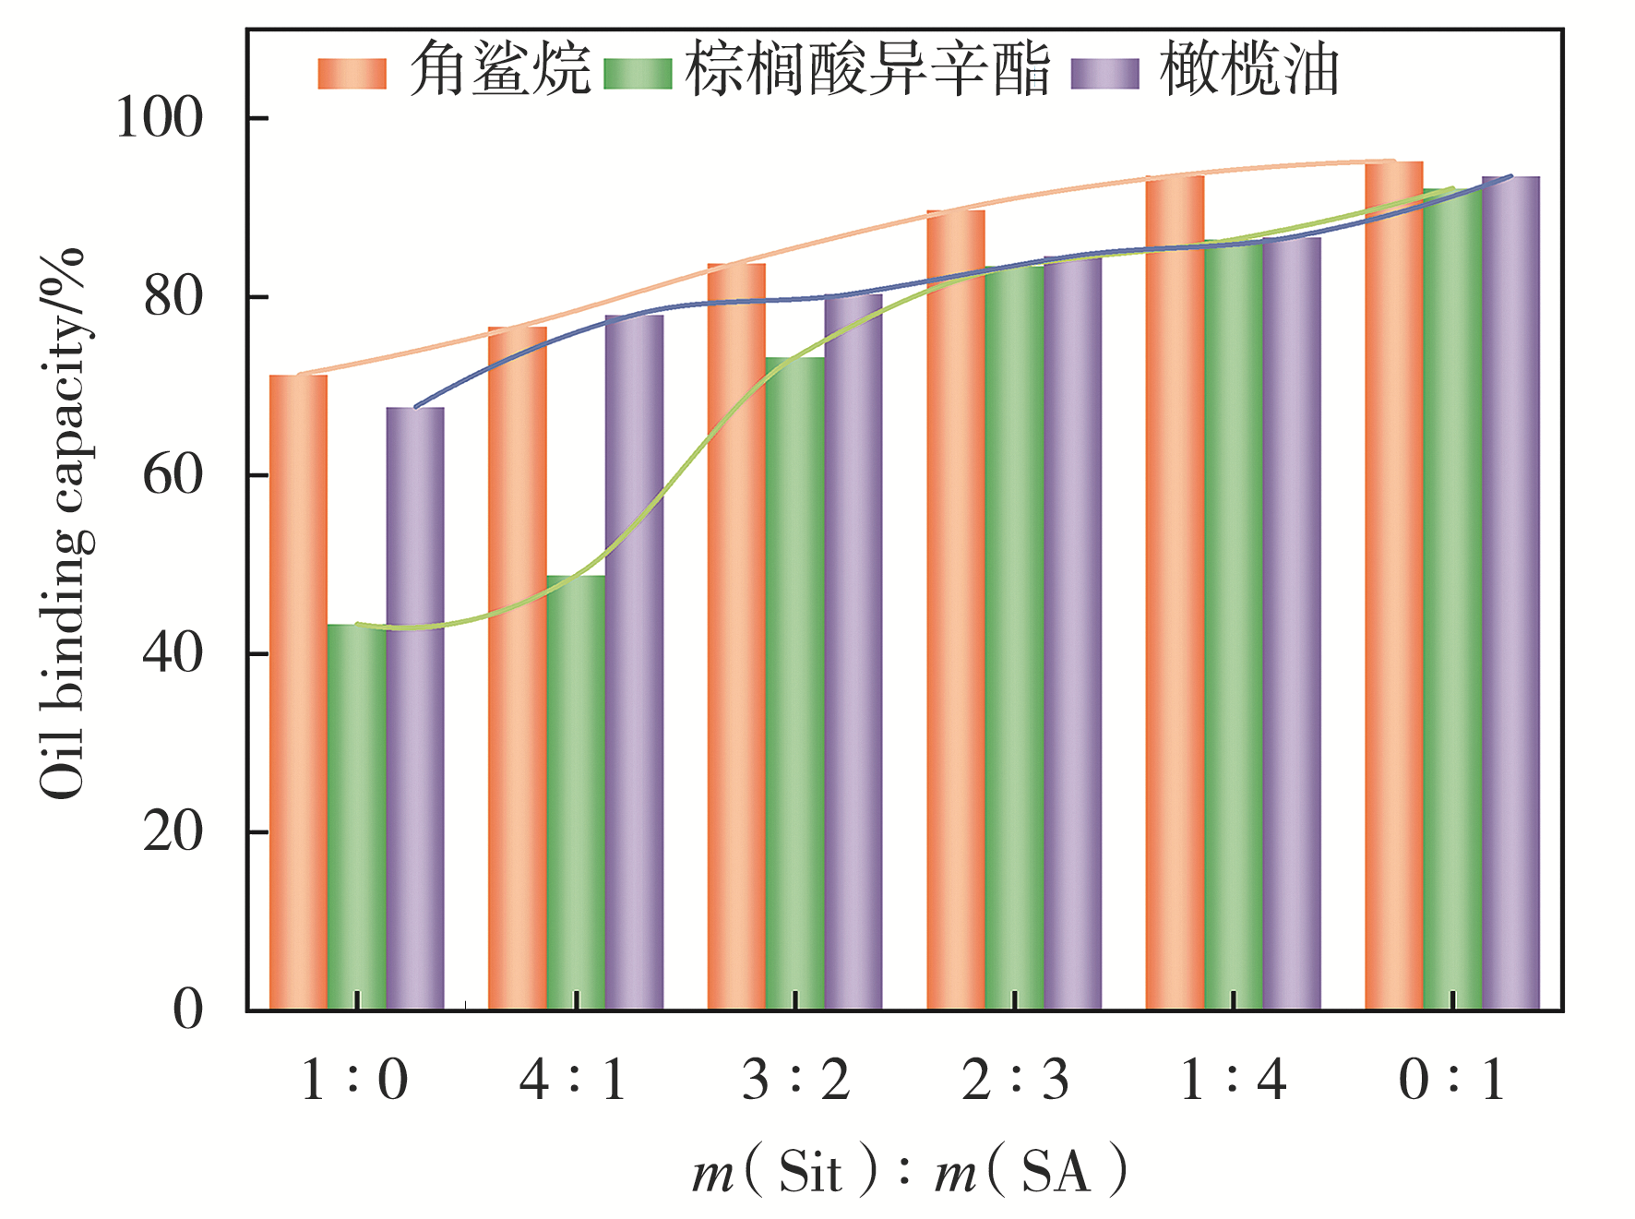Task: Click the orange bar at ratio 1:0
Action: coord(298,692)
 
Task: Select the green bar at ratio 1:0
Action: coord(357,817)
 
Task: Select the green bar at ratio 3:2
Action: coord(794,683)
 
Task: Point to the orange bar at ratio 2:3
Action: coord(956,610)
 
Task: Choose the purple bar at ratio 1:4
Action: coord(1292,623)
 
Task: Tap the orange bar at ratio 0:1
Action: coord(1393,585)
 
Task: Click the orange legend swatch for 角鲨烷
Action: coord(352,74)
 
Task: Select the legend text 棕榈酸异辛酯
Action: coord(867,70)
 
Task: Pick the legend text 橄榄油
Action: coord(1248,70)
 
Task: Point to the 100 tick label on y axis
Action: coord(159,119)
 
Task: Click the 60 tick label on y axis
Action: coord(173,475)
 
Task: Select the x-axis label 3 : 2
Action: coord(795,1079)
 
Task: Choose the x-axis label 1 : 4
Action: coord(1234,1079)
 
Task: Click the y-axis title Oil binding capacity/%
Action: coord(63,522)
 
